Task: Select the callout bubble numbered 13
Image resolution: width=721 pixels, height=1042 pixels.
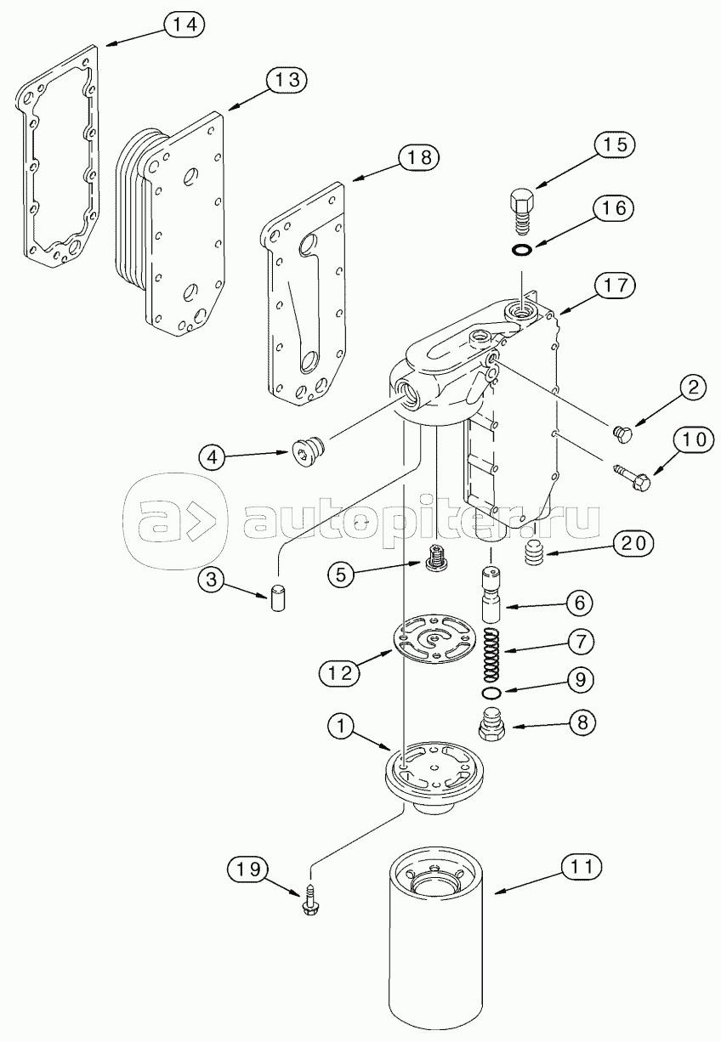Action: [x=286, y=81]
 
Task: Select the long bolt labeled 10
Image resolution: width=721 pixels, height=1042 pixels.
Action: [x=631, y=479]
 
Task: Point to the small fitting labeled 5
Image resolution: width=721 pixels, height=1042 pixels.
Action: [x=437, y=559]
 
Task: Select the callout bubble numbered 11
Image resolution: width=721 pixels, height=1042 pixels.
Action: [x=581, y=866]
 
